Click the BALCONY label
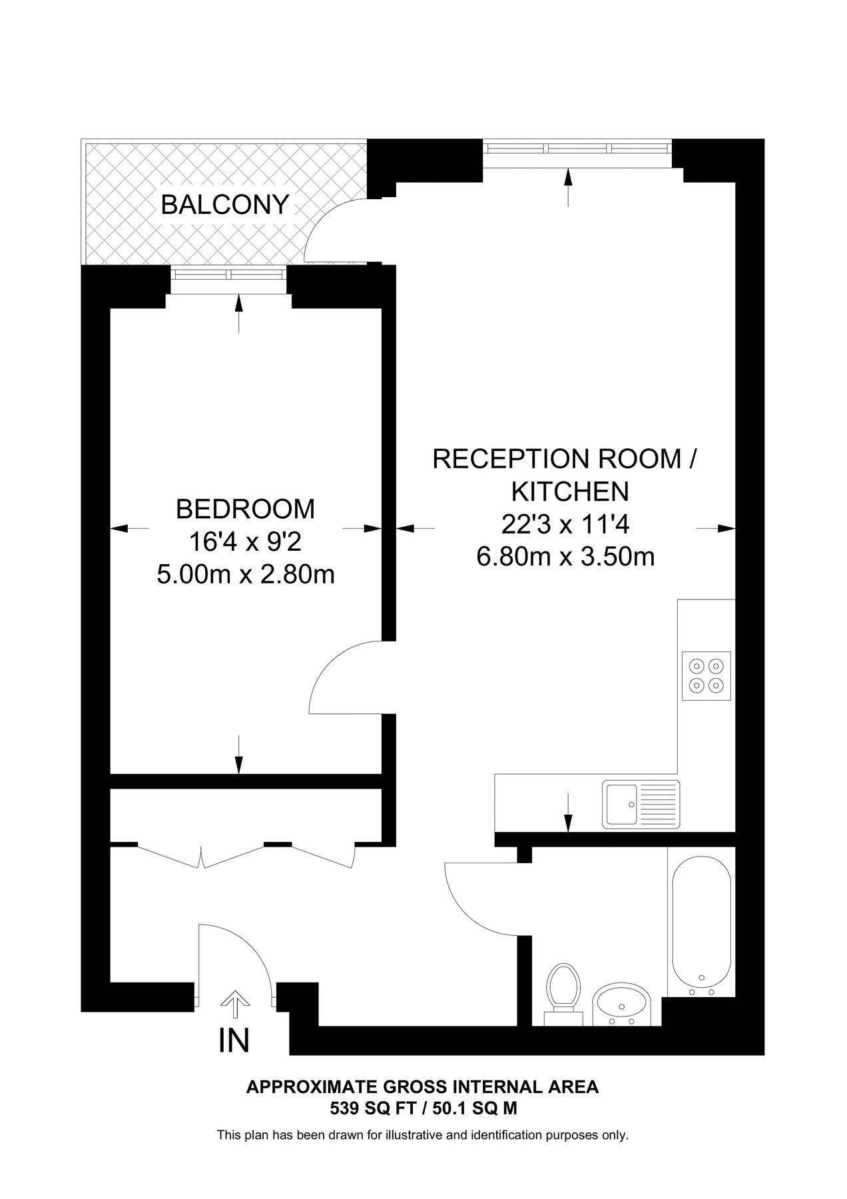pyautogui.click(x=225, y=204)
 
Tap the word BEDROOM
pyautogui.click(x=245, y=509)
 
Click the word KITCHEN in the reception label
pyautogui.click(x=570, y=492)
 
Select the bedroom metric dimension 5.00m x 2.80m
pyautogui.click(x=245, y=574)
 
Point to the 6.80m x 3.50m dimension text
pyautogui.click(x=565, y=556)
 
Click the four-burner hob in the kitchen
pyautogui.click(x=706, y=675)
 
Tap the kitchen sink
pyautogui.click(x=641, y=804)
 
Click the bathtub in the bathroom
pyautogui.click(x=701, y=921)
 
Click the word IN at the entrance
pyautogui.click(x=234, y=1040)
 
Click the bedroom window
pyautogui.click(x=228, y=274)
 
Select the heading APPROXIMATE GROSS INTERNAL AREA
pyautogui.click(x=422, y=1087)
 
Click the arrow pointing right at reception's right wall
pyautogui.click(x=716, y=528)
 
